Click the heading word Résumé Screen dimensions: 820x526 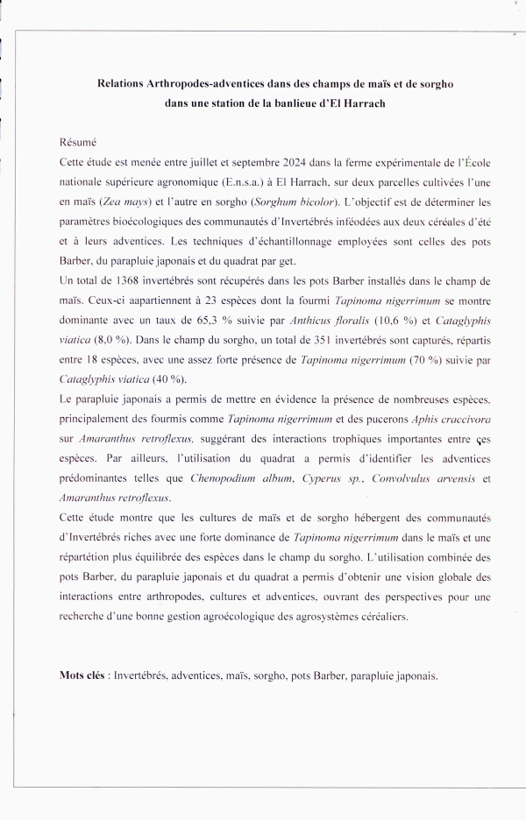click(77, 140)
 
